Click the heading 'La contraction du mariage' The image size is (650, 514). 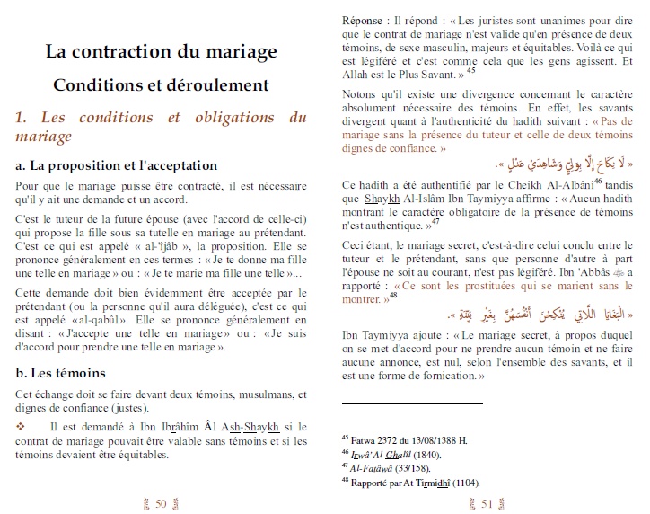pos(162,51)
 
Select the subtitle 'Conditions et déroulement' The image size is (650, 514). pos(162,85)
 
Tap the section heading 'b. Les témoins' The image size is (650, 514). pos(62,372)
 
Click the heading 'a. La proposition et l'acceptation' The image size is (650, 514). pos(116,165)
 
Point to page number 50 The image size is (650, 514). pos(162,503)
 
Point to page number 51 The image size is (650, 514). pos(487,503)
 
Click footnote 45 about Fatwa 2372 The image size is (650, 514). pos(403,440)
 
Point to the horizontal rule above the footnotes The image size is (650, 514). pos(412,403)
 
